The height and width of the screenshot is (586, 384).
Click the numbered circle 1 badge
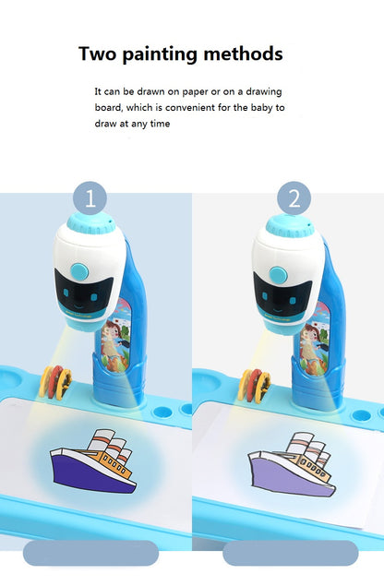click(90, 198)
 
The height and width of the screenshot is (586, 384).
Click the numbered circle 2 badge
click(294, 198)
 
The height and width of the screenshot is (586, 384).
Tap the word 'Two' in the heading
click(98, 54)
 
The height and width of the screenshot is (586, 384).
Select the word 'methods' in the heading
click(243, 54)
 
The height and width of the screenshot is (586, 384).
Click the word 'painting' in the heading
click(160, 54)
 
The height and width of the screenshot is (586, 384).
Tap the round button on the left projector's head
click(79, 271)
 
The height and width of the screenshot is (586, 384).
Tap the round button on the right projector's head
click(278, 275)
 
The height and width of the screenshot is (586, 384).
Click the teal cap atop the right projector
click(290, 226)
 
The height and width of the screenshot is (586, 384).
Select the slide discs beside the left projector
click(55, 382)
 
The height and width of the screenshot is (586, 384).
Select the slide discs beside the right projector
click(255, 386)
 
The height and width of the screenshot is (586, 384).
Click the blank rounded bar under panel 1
click(90, 553)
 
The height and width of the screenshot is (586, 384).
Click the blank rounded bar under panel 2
click(290, 553)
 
